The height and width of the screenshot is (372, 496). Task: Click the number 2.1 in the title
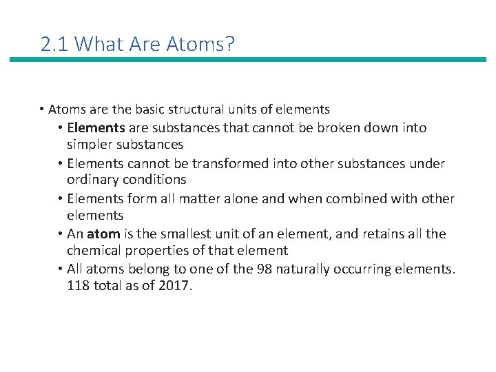point(54,45)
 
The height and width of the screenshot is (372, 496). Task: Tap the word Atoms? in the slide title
point(205,45)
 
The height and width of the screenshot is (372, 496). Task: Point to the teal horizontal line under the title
point(247,60)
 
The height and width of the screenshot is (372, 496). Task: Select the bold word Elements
point(96,127)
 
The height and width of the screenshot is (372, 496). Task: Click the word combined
point(349,199)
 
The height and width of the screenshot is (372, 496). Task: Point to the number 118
point(79,286)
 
